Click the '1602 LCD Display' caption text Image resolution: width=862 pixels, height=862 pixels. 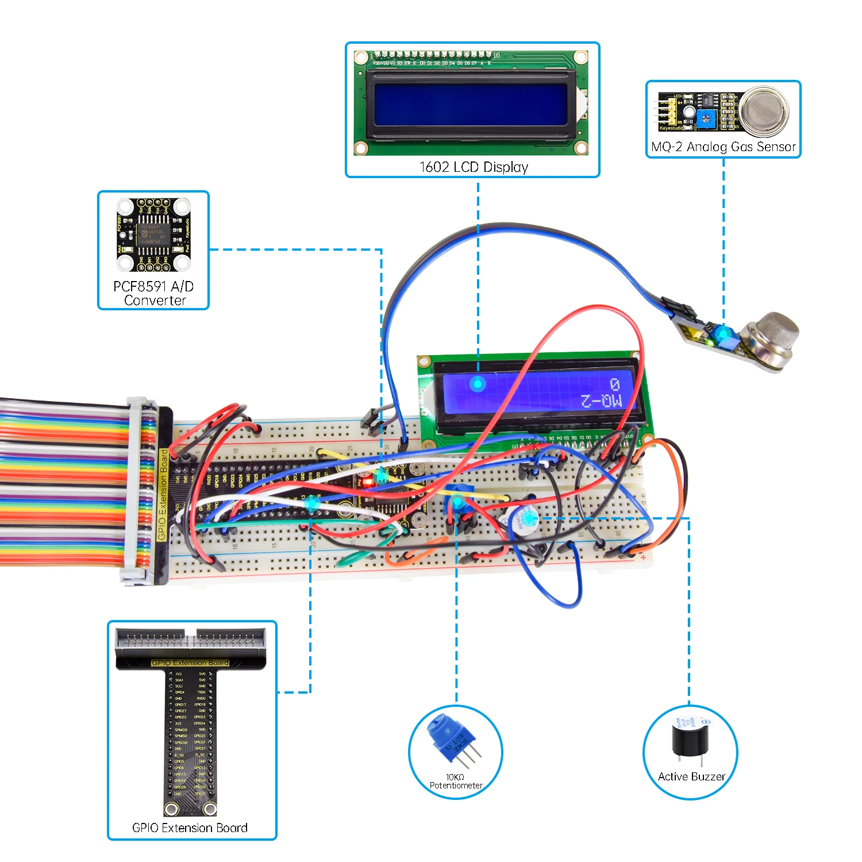(x=474, y=167)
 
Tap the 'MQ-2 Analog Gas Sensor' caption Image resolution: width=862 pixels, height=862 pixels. (x=723, y=147)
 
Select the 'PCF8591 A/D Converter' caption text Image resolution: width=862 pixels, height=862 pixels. (x=153, y=293)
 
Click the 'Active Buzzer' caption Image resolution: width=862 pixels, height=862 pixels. (x=691, y=777)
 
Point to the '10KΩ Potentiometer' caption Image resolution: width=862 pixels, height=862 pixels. (x=456, y=782)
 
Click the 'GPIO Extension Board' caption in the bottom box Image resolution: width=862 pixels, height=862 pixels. (x=190, y=828)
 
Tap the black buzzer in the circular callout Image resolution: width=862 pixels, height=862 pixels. (x=690, y=742)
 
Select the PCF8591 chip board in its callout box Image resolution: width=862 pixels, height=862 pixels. (x=153, y=235)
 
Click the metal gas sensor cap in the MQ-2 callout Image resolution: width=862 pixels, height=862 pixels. (x=764, y=112)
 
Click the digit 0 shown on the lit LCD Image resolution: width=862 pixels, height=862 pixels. (x=614, y=384)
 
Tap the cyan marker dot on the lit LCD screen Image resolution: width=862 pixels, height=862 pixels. (x=478, y=383)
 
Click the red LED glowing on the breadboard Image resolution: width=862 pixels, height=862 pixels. (x=367, y=483)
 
